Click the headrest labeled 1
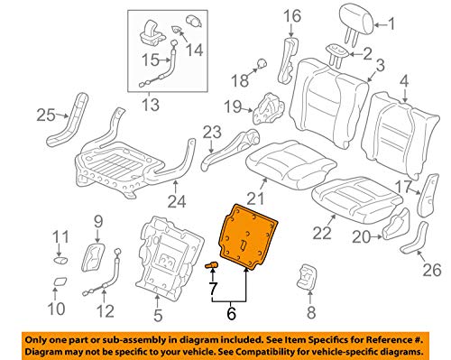356,20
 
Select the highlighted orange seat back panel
249,236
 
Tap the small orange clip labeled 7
212,265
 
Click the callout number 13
151,105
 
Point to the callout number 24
177,201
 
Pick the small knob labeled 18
262,63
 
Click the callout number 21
255,198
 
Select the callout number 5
158,315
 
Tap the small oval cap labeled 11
60,260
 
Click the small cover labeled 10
60,281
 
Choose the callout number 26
432,270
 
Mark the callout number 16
292,16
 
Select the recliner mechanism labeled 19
269,109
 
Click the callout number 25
46,115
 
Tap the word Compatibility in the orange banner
300,351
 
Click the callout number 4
404,81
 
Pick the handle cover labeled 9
93,257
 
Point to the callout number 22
322,233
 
